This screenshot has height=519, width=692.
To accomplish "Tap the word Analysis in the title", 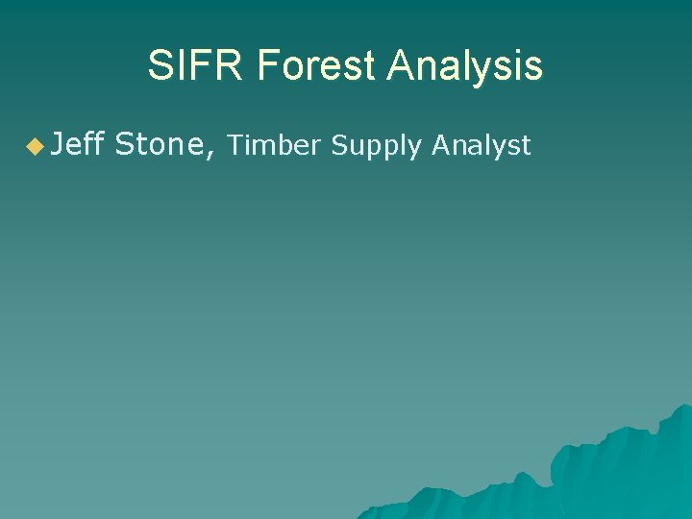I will [465, 66].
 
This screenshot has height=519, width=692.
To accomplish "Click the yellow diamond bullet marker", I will [35, 146].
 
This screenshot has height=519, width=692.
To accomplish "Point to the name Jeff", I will [78, 144].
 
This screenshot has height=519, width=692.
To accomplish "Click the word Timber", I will [274, 145].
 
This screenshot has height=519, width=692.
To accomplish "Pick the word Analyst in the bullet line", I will [482, 145].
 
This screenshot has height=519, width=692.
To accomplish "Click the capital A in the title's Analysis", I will [399, 66].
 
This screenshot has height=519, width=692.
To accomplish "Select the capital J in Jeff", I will [59, 144].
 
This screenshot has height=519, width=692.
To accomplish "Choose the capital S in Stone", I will [125, 144].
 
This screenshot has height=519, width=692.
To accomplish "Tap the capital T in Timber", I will [236, 145].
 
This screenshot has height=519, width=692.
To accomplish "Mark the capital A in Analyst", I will [440, 145].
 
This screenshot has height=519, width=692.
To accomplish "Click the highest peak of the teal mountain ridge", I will [685, 407].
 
